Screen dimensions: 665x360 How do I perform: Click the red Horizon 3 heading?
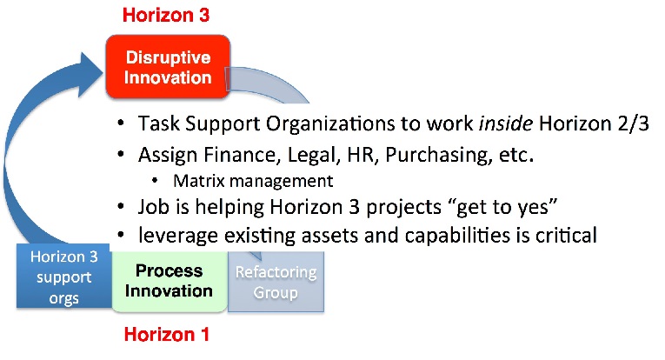[x=166, y=15]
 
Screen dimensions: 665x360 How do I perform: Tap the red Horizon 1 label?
[x=167, y=335]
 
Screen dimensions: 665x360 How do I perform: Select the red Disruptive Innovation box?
[x=168, y=67]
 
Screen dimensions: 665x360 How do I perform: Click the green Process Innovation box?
[x=170, y=281]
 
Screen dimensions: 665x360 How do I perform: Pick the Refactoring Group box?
[x=276, y=282]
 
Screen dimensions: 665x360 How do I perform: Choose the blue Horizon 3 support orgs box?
[x=64, y=276]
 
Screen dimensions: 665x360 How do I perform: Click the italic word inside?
[x=506, y=123]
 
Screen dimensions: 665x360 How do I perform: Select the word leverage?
[x=178, y=236]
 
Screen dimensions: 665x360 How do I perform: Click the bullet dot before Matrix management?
[x=155, y=181]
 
